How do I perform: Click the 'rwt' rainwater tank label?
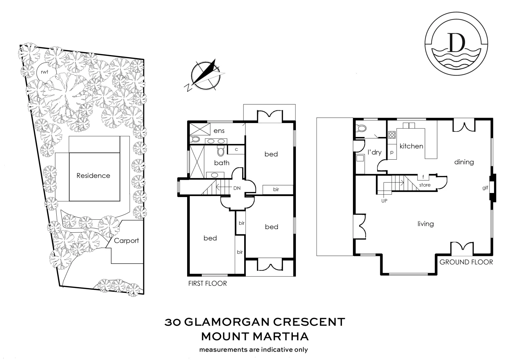(44, 72)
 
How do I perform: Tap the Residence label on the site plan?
(93, 176)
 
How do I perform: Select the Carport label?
(126, 241)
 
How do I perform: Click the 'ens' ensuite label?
(219, 131)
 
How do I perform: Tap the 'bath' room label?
(222, 163)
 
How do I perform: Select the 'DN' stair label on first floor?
(237, 188)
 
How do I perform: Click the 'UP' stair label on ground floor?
(384, 201)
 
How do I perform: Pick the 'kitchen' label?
(411, 146)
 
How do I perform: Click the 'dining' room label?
(464, 162)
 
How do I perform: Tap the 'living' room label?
(426, 224)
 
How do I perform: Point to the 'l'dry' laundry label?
(374, 152)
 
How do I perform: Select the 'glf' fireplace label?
(485, 188)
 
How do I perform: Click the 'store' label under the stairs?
(425, 185)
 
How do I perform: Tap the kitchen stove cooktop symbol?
(392, 135)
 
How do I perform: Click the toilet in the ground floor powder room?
(360, 128)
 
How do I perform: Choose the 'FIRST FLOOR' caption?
(207, 283)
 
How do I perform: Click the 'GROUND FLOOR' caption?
(466, 262)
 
